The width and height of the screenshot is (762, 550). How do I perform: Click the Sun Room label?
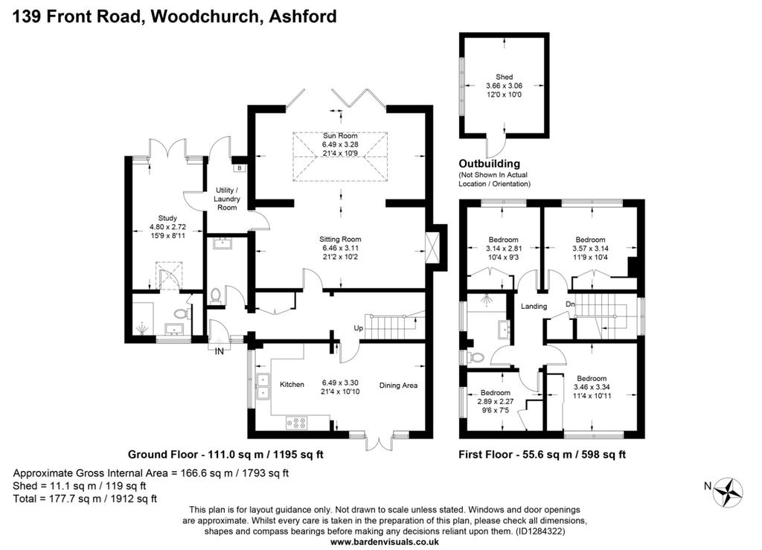[x=339, y=135]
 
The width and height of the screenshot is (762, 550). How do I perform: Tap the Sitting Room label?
[x=340, y=239]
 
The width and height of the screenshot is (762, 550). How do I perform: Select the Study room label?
[x=167, y=218]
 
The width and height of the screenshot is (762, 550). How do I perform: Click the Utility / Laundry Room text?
[x=227, y=199]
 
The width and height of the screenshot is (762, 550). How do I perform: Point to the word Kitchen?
[x=292, y=384]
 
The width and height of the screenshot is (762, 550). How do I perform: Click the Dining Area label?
[x=399, y=386]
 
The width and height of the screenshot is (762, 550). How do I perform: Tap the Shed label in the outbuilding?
[x=504, y=77]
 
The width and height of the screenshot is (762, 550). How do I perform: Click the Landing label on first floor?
[x=534, y=306]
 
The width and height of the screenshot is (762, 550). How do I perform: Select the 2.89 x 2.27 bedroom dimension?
[x=495, y=401]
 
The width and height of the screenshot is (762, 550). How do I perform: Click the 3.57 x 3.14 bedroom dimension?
[x=590, y=249]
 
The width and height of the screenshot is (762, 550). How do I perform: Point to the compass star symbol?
[x=728, y=493]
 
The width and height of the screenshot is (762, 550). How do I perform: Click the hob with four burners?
[x=296, y=423]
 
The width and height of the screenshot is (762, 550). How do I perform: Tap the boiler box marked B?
[x=240, y=168]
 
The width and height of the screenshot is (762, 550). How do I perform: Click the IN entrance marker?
[x=220, y=351]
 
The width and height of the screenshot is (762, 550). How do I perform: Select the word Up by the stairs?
[x=358, y=328]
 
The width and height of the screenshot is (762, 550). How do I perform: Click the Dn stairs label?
[x=570, y=304]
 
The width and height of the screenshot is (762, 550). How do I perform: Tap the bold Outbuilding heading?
[x=490, y=164]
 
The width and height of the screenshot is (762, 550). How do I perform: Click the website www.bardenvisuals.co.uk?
[x=385, y=542]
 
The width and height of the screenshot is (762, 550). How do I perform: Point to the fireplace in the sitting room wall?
[x=432, y=249]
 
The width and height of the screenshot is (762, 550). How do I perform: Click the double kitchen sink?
[x=263, y=386]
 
